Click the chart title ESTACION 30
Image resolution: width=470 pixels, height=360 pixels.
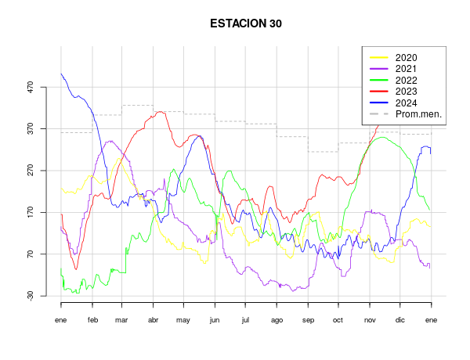point(246,23)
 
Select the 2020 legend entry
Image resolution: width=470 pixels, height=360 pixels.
point(406,58)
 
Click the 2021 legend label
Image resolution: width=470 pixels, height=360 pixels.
point(406,69)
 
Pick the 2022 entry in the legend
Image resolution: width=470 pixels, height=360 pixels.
point(406,81)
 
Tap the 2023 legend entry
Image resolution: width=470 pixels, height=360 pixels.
point(406,92)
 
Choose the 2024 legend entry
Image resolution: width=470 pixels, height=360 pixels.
point(406,103)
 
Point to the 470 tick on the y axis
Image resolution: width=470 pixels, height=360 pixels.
point(31,87)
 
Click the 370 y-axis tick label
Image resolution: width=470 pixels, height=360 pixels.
point(31,128)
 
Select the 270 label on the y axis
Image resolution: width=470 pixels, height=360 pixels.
point(31,171)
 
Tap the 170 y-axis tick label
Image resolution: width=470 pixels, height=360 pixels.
point(31,212)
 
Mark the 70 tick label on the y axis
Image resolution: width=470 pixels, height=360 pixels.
point(31,254)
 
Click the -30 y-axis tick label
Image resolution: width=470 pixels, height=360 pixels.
point(31,296)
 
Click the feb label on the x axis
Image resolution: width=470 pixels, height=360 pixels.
point(92,321)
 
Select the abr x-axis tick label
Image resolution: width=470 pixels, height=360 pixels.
point(153,321)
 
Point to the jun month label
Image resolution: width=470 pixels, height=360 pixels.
point(215,321)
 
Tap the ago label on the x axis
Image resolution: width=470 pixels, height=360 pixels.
point(277,321)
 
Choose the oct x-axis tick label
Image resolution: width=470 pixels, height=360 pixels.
point(338,321)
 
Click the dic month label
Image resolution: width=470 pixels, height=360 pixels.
point(399,321)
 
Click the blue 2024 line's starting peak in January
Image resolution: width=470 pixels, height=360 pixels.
point(61,74)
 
